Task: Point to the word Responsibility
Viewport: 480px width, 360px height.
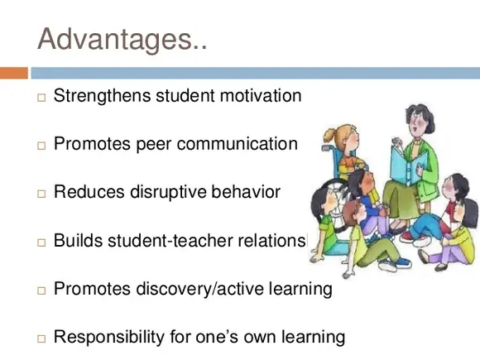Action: (109, 338)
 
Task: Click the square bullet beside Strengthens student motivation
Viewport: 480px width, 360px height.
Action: (41, 98)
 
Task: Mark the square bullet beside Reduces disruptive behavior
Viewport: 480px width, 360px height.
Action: (41, 194)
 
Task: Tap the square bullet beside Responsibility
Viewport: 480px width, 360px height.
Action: (41, 339)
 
